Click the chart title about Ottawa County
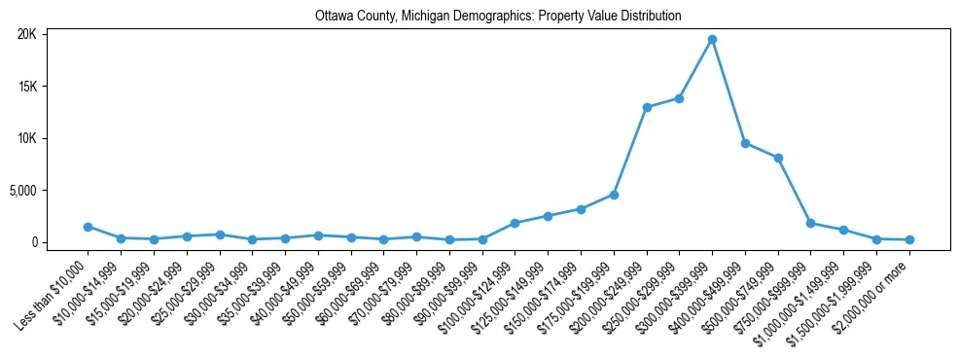point(498,17)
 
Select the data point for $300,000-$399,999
point(712,40)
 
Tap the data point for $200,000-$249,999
point(647,107)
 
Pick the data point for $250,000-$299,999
point(679,98)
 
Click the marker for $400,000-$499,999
point(745,143)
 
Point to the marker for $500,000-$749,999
point(778,158)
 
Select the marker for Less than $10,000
point(88,227)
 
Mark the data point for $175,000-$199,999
point(614,195)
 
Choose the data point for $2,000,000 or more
point(909,239)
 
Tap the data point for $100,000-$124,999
point(515,223)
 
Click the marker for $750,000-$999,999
point(811,223)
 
